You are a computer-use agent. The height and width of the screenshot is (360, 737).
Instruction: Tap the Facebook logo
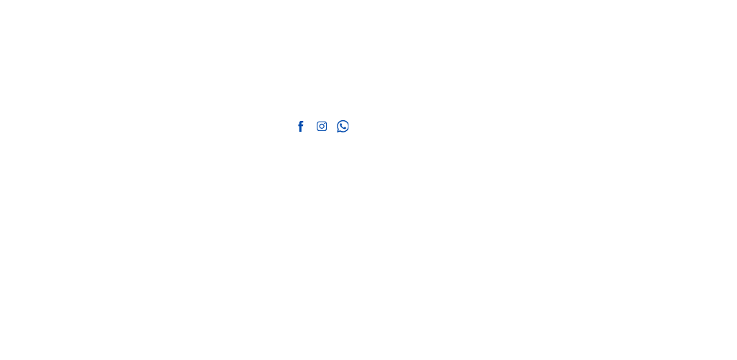(300, 127)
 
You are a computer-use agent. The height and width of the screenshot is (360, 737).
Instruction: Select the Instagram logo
(322, 127)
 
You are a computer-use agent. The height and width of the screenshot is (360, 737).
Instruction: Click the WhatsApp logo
(343, 127)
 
